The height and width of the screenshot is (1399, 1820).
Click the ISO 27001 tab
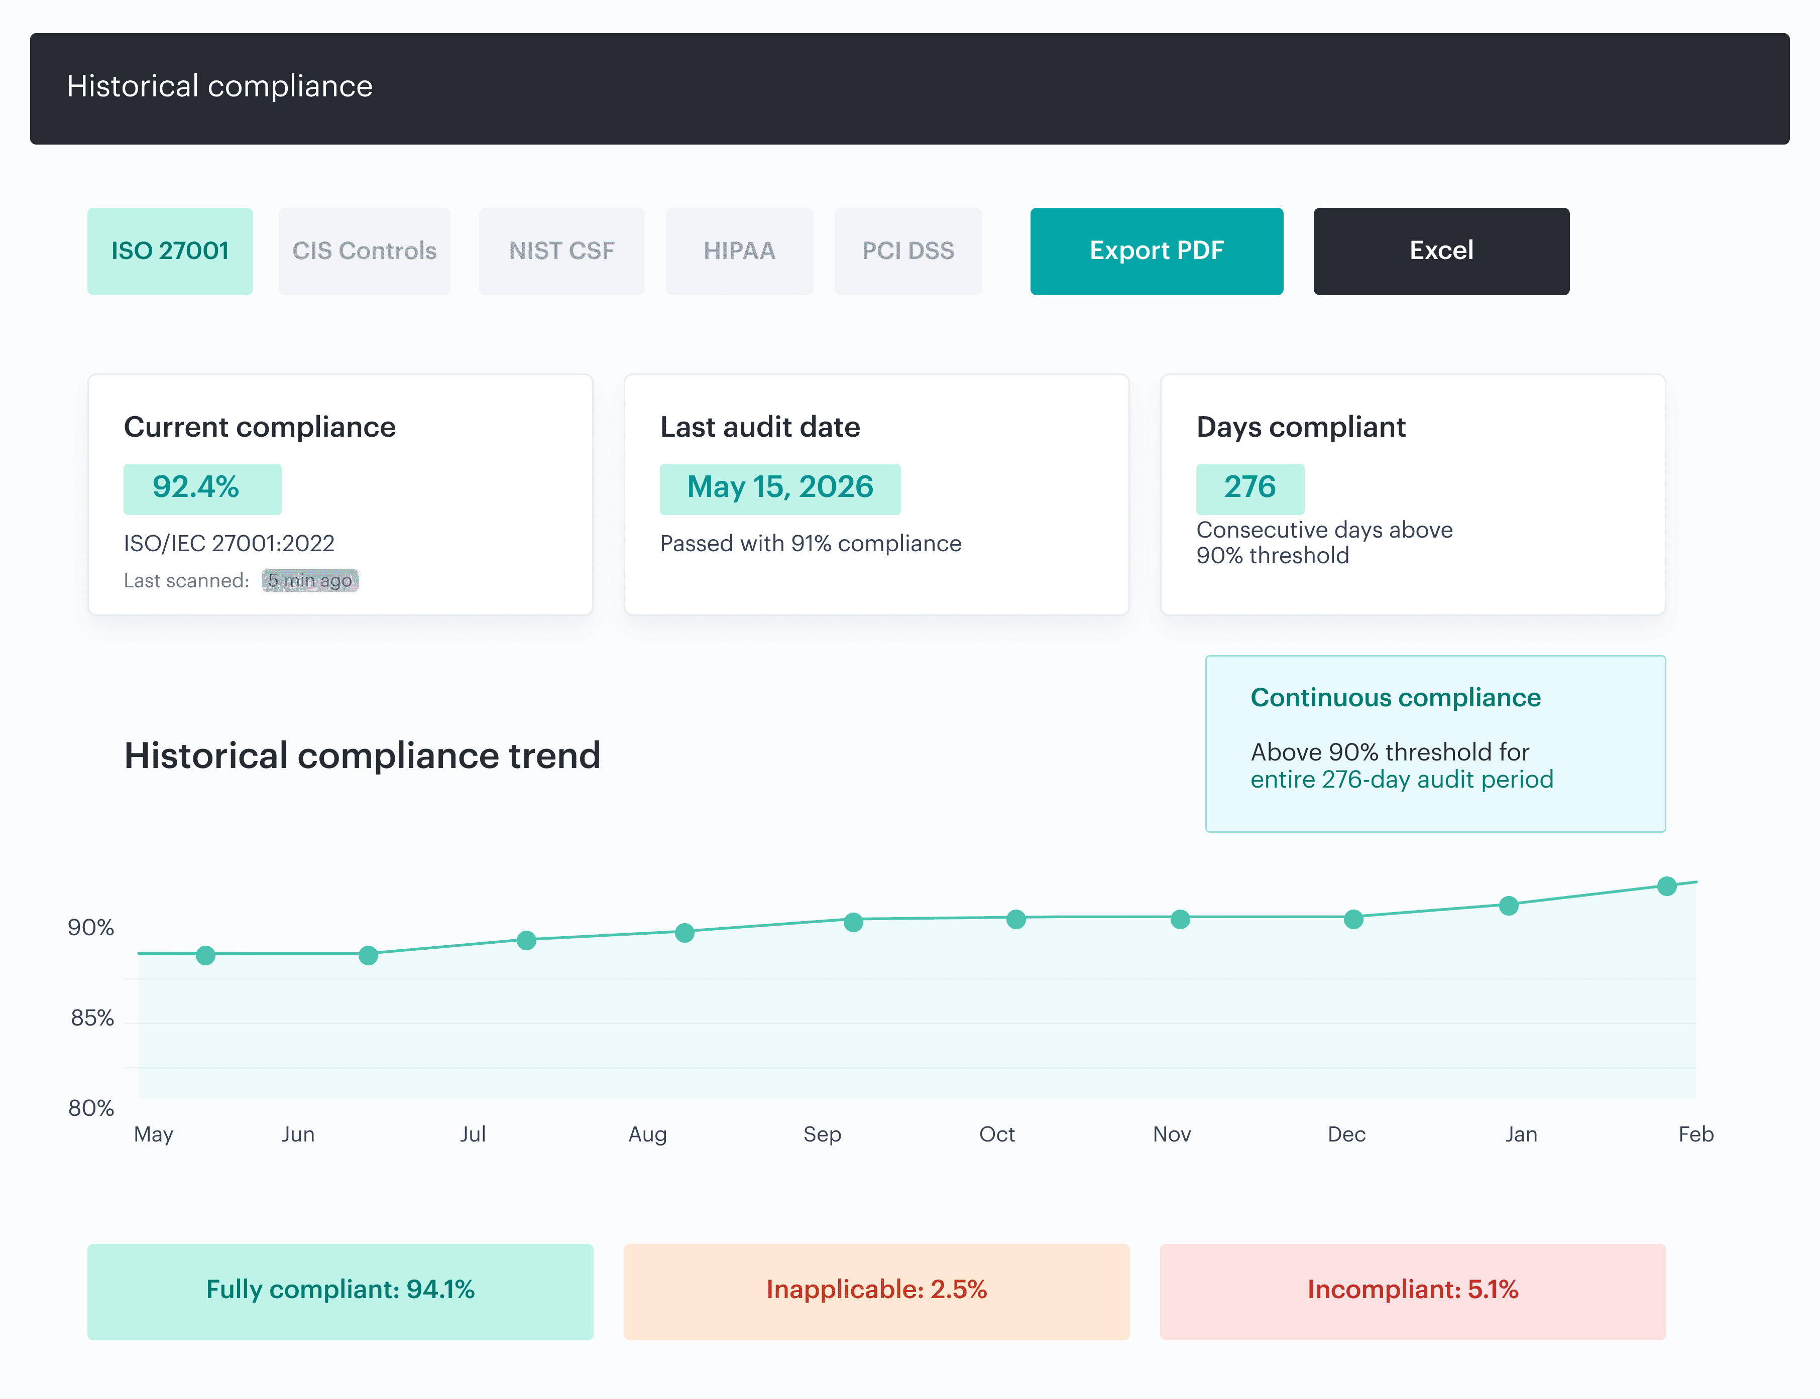coord(170,250)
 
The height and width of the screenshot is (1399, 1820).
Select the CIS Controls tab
coord(364,250)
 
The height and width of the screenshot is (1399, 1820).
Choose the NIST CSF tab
coord(561,250)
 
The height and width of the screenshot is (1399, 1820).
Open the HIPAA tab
coord(739,250)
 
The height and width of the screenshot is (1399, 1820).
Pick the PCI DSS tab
coord(908,250)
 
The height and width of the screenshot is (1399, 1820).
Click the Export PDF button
coord(1156,250)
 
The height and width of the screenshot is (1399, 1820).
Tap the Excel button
coord(1441,250)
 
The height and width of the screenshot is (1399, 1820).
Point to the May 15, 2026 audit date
coord(779,488)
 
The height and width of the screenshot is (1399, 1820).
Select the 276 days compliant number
coord(1249,488)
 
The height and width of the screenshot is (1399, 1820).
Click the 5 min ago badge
coord(310,580)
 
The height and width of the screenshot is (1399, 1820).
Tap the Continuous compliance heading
coord(1395,697)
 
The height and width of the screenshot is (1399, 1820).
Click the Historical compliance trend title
coord(362,755)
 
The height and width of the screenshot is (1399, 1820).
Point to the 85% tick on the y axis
coord(91,1018)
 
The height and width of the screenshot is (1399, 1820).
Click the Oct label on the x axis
coord(996,1134)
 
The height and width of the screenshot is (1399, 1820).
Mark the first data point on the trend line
coord(206,955)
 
